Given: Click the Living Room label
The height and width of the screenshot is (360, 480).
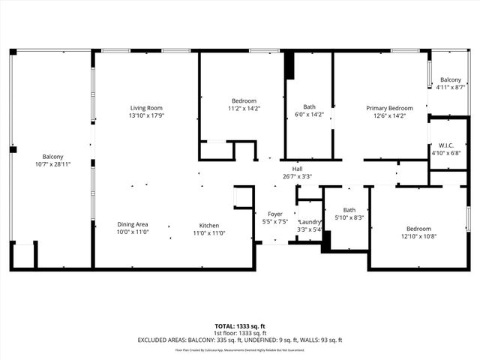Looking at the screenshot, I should [x=145, y=108].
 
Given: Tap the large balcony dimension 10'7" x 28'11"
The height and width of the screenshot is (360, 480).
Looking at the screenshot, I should [x=52, y=163].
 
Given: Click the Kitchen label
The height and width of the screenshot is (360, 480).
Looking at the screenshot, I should [x=208, y=225].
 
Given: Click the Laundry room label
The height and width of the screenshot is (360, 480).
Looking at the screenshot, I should [x=309, y=222].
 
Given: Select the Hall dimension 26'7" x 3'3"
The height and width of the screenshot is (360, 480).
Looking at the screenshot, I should [x=297, y=177].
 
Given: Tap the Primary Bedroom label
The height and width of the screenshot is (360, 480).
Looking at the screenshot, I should [x=389, y=108].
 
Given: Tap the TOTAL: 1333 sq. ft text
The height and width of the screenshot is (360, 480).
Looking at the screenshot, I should [x=240, y=326].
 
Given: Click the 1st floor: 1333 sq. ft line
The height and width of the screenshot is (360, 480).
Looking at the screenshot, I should [x=240, y=333].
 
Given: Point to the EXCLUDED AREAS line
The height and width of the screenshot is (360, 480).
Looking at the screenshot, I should [x=240, y=340].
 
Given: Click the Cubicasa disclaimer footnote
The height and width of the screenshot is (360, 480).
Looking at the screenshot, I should [x=240, y=349].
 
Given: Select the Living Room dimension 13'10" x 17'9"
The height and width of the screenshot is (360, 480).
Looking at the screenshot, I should [x=145, y=115].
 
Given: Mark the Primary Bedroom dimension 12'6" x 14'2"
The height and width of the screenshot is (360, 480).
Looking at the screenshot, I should [x=389, y=115].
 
